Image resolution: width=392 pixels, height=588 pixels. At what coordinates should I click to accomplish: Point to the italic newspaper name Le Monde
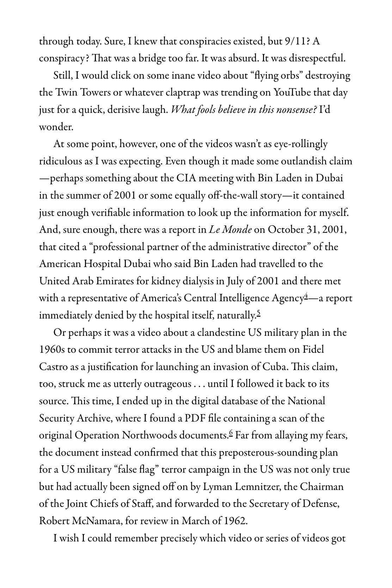coord(230,230)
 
